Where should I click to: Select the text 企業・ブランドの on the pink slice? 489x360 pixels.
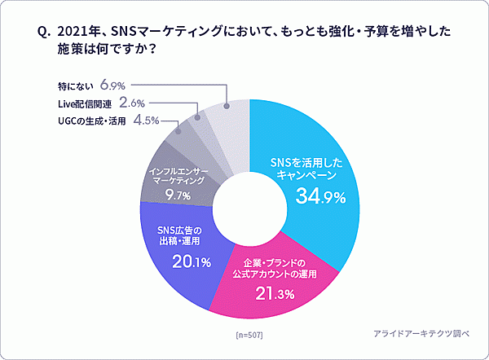(x=274, y=262)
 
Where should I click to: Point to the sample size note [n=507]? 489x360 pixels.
(x=249, y=336)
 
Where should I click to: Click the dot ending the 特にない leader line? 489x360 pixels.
(x=225, y=103)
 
